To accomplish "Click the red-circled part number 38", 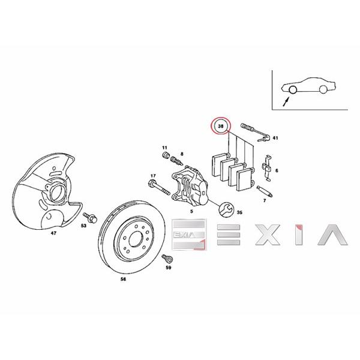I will click(x=222, y=127).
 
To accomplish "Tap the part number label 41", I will click(x=275, y=138).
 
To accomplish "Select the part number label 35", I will click(x=240, y=212).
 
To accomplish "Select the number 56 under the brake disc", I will click(x=124, y=280).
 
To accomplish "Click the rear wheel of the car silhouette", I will click(x=323, y=89).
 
